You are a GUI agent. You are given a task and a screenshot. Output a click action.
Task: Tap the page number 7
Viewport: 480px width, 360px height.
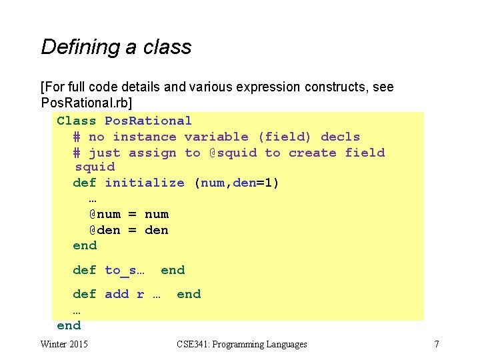click(x=437, y=344)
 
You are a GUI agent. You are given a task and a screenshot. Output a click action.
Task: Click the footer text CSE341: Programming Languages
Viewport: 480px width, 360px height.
click(x=242, y=344)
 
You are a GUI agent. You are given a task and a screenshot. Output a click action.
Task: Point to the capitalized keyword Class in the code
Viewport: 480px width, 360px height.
click(x=77, y=121)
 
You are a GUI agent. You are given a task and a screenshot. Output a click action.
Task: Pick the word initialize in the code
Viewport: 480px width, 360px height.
click(x=145, y=183)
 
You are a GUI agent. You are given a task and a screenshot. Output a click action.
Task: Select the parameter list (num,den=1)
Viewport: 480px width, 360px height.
click(x=237, y=183)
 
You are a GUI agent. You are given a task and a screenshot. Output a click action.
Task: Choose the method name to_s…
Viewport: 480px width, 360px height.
click(x=125, y=270)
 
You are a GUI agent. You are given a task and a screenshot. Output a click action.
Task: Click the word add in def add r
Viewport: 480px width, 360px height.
click(x=117, y=294)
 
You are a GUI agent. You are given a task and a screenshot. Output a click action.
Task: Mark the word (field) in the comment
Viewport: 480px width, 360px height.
click(x=285, y=137)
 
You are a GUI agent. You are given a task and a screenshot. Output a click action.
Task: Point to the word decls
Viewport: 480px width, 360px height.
click(x=341, y=137)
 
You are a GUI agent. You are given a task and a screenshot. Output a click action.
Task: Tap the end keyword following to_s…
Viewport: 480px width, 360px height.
click(x=173, y=270)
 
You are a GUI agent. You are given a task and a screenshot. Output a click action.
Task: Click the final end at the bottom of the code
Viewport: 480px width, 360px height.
click(x=69, y=325)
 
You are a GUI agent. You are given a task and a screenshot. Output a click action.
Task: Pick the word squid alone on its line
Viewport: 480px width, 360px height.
click(x=95, y=167)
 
